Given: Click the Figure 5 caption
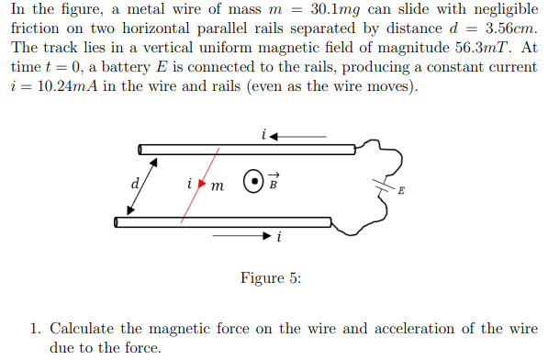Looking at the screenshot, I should coord(270,278).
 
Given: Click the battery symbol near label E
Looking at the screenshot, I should coord(381,184).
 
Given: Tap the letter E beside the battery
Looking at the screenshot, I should coord(400,191).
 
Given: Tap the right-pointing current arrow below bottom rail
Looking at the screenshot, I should coord(242,235).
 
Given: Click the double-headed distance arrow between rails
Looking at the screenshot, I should coord(142,186).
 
